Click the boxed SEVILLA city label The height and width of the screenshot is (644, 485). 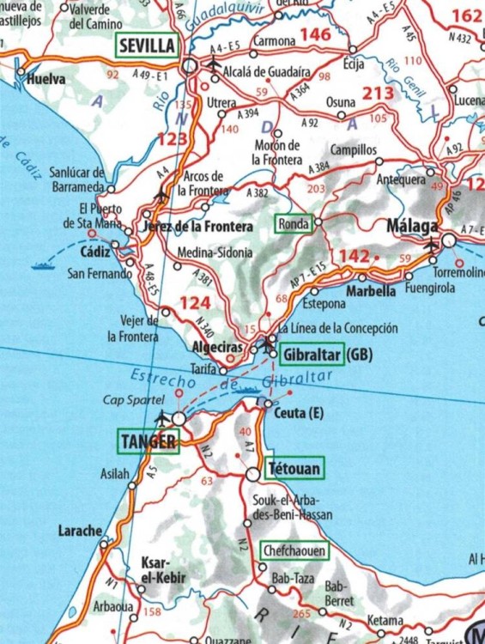pyautogui.click(x=147, y=46)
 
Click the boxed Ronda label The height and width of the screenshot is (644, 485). pyautogui.click(x=292, y=223)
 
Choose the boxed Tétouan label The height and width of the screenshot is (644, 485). pyautogui.click(x=294, y=470)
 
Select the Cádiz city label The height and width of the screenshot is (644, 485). pyautogui.click(x=96, y=255)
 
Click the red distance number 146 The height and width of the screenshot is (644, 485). pyautogui.click(x=313, y=34)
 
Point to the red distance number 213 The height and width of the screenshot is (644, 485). pyautogui.click(x=379, y=93)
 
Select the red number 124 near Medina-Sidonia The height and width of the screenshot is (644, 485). pyautogui.click(x=194, y=303)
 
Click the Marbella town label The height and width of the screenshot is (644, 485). pyautogui.click(x=370, y=291)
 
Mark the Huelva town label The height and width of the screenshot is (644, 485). pyautogui.click(x=46, y=78)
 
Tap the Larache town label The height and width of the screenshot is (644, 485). pyautogui.click(x=79, y=530)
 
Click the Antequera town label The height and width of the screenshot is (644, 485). pyautogui.click(x=402, y=180)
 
